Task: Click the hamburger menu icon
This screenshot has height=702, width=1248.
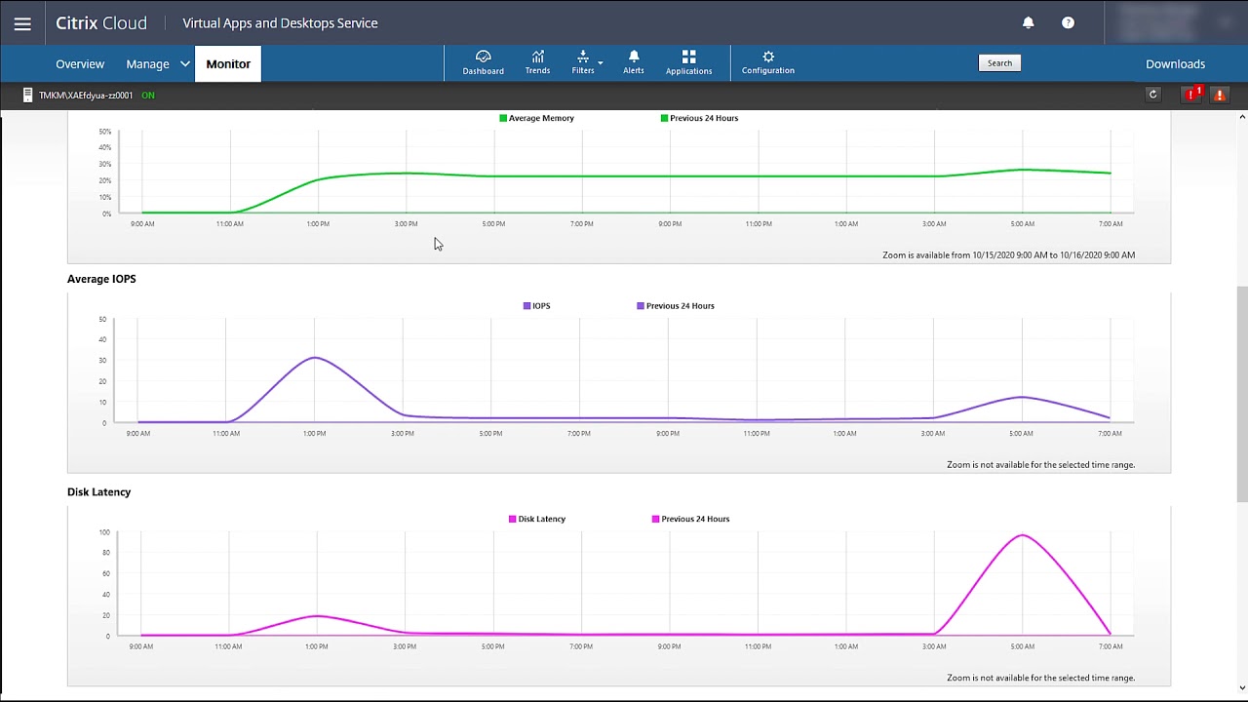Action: [22, 23]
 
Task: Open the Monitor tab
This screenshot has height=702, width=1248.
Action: [228, 64]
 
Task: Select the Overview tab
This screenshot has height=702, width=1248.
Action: [80, 64]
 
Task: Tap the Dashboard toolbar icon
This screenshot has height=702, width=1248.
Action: [483, 62]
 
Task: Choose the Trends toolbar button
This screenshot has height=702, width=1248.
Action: [537, 62]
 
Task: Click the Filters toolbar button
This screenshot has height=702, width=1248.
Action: [583, 62]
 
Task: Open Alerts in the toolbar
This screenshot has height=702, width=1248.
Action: [634, 62]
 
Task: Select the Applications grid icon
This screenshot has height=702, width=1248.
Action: [688, 62]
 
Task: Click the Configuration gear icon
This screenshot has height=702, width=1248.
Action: [768, 62]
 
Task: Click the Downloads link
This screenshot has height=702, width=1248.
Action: [1175, 64]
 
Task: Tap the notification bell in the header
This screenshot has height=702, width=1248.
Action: [1028, 22]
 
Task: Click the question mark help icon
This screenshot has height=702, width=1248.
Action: [1068, 22]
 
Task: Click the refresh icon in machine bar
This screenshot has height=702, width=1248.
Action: [1152, 95]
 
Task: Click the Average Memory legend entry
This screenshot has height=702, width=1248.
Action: [536, 118]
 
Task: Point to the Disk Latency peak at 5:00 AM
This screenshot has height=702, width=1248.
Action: [1022, 535]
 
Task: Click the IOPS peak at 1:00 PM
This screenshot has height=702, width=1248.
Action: [314, 358]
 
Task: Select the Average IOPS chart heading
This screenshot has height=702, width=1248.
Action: [101, 279]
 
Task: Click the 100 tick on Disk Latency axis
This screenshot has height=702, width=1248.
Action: [104, 532]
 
